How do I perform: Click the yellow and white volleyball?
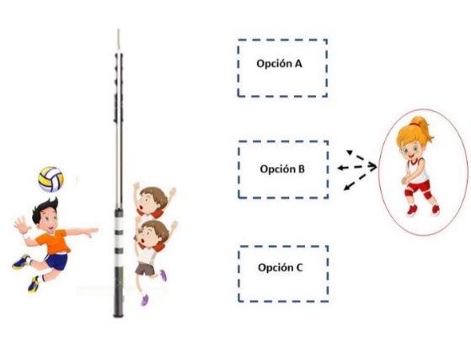click(x=51, y=180)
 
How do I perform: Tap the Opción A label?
click(x=279, y=64)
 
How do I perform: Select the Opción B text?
click(x=282, y=169)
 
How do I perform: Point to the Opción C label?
click(x=281, y=267)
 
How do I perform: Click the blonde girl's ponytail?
click(x=425, y=127)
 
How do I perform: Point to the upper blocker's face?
click(x=147, y=204)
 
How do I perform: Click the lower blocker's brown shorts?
click(x=145, y=269)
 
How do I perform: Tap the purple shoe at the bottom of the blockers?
click(x=145, y=299)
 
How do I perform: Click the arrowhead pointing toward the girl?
click(x=372, y=166)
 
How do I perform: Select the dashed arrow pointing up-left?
click(x=356, y=155)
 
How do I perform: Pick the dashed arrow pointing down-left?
click(x=355, y=182)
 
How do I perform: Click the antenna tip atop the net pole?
click(x=118, y=30)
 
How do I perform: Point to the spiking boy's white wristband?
click(x=27, y=236)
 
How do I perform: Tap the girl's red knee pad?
click(x=428, y=196)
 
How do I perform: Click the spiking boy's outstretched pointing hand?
click(x=92, y=231)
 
